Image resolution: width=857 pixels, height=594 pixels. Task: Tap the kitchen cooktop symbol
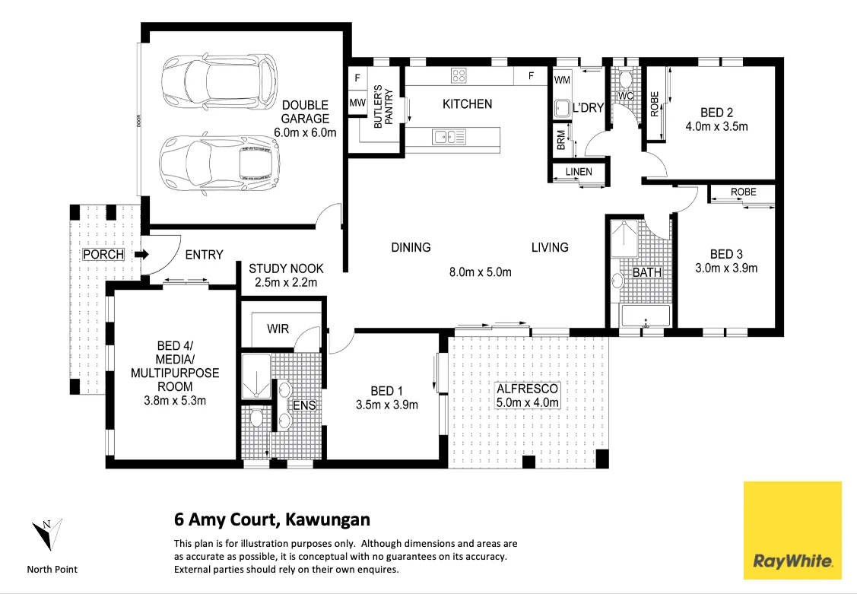coord(459,75)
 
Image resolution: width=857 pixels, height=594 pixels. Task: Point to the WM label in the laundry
coord(562,79)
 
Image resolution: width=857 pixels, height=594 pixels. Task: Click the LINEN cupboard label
coord(579,172)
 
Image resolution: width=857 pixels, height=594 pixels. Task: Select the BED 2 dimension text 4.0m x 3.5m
coord(716,126)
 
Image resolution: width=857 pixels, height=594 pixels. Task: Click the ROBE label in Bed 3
coord(743,192)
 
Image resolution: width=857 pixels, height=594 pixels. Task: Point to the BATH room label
coord(646,272)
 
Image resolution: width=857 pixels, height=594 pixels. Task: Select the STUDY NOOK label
coord(286,268)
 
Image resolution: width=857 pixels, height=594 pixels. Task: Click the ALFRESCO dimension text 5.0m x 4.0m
coord(527,402)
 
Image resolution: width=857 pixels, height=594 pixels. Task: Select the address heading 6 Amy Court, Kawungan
coord(272,520)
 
